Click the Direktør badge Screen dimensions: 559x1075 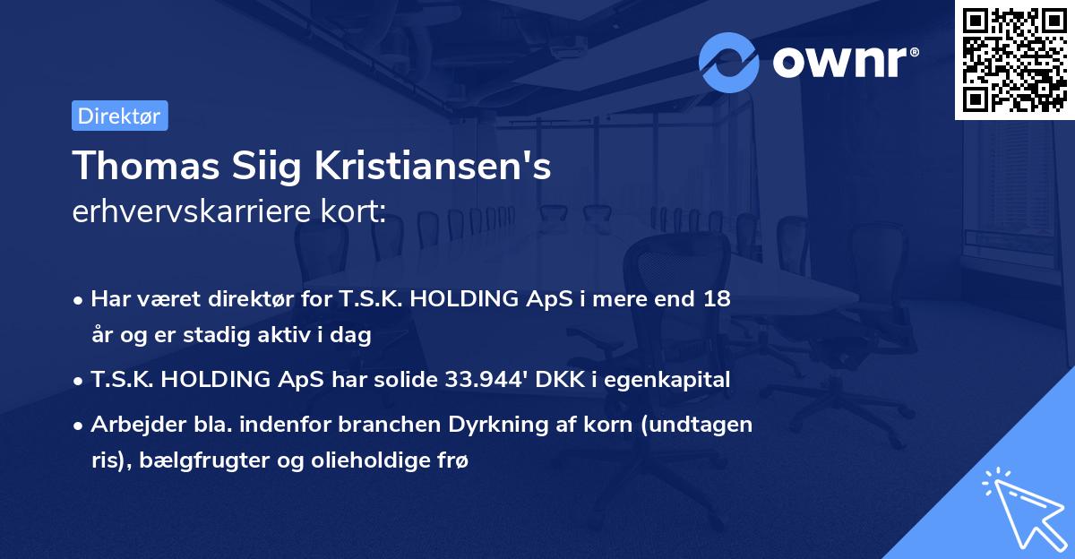coord(119,116)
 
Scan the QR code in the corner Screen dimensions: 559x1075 coord(1014,60)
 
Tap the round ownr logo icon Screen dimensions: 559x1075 coord(729,62)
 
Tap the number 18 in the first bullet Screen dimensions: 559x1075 coord(717,299)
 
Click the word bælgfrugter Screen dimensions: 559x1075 coord(187,460)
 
